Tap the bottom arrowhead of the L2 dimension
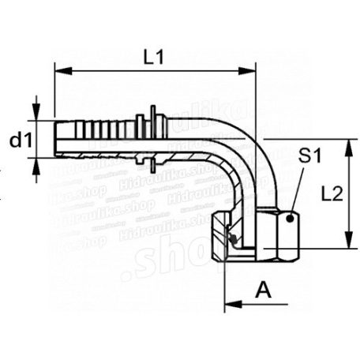(347, 246)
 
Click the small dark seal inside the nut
(233, 238)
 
